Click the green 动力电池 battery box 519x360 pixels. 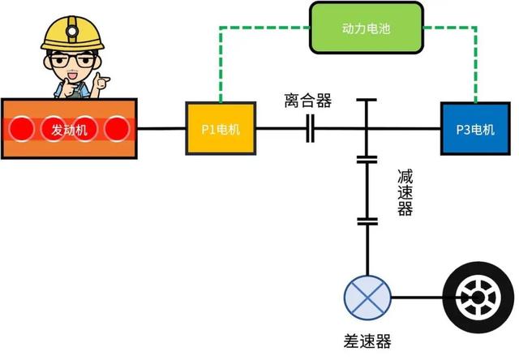pyautogui.click(x=367, y=28)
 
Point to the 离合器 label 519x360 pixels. pyautogui.click(x=308, y=101)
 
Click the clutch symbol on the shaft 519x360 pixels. pyautogui.click(x=310, y=129)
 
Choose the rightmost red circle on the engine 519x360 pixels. pyautogui.click(x=117, y=128)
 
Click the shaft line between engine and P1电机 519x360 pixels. pyautogui.click(x=162, y=129)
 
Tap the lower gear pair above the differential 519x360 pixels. pyautogui.click(x=367, y=220)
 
